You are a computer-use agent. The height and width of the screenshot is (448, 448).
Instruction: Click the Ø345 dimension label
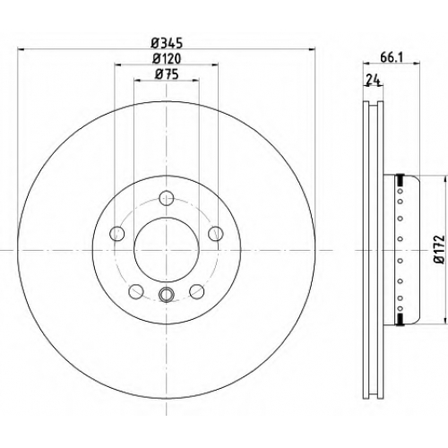[x=167, y=44]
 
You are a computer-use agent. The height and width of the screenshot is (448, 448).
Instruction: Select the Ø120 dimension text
[x=167, y=59]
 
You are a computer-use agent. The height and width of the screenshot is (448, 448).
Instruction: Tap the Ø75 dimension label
[x=167, y=74]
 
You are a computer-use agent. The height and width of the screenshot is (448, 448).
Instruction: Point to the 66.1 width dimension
[x=392, y=57]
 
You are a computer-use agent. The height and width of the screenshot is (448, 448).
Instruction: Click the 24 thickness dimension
[x=373, y=81]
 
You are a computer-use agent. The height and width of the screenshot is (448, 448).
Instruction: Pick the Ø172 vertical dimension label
[x=440, y=250]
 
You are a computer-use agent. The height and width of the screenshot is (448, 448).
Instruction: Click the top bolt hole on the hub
[x=167, y=198]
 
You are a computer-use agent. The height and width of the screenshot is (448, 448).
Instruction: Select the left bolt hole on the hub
[x=117, y=233]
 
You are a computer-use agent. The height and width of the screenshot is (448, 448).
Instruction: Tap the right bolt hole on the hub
[x=216, y=233]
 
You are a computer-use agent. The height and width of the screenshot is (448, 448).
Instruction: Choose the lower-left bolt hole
[x=136, y=291]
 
